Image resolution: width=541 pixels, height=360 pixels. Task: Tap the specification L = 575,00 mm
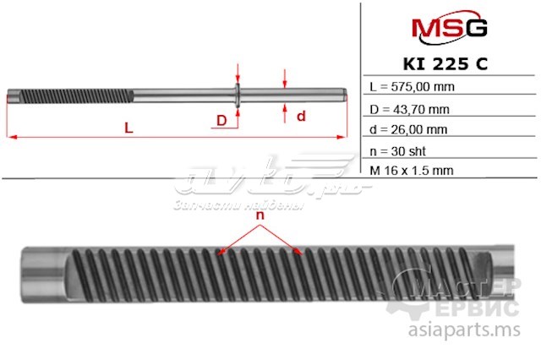click(x=413, y=87)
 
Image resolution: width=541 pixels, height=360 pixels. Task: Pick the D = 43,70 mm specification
click(x=410, y=108)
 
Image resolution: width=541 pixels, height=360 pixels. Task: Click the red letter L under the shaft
click(x=128, y=128)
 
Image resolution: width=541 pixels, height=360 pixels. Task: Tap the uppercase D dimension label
click(x=221, y=121)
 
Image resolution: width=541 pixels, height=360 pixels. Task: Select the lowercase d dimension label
click(x=299, y=116)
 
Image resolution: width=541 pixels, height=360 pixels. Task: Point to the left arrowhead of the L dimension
click(x=10, y=135)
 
